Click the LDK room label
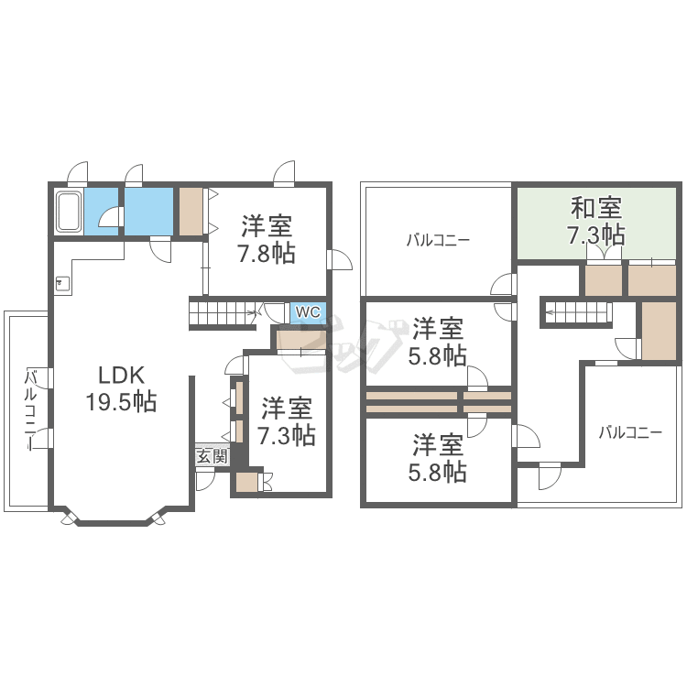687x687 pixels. [x=121, y=376]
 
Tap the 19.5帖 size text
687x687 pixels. [x=121, y=401]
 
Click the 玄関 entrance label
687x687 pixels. [x=213, y=456]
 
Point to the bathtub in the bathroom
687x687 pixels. [x=69, y=213]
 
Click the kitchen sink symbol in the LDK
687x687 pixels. [x=60, y=283]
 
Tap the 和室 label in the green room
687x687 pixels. [x=596, y=208]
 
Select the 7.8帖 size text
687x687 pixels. [x=267, y=253]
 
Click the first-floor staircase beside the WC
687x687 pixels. [x=223, y=313]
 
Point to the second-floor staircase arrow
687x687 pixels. [x=577, y=312]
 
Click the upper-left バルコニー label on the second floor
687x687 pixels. [x=438, y=240]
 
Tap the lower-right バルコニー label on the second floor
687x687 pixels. [x=630, y=433]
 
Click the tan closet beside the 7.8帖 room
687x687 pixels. [x=191, y=213]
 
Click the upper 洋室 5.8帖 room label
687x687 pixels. [x=437, y=342]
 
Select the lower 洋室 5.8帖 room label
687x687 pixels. [x=437, y=457]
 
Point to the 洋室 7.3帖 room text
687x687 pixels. [x=286, y=421]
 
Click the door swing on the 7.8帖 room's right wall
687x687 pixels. [x=340, y=260]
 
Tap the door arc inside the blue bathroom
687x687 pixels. [x=109, y=217]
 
